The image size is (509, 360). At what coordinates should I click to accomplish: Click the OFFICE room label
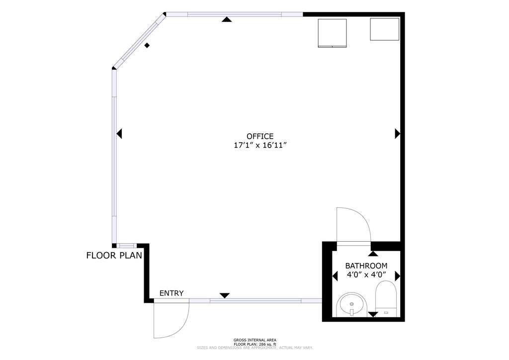260,136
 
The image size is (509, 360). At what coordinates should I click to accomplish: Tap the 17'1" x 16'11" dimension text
260,146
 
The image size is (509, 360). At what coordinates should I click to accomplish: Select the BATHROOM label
366,266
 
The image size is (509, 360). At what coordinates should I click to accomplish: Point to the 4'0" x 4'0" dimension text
366,275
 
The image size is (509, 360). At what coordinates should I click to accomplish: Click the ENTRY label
171,293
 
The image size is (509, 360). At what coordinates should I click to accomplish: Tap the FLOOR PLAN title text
114,256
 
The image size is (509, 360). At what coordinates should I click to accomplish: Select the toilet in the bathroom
386,298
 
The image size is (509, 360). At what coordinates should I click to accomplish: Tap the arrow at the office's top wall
227,19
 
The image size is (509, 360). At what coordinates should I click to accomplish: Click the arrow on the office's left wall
119,134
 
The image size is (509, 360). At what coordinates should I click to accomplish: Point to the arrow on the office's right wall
397,133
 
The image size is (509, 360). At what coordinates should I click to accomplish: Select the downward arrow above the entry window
225,295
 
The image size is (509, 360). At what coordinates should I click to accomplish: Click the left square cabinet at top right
332,33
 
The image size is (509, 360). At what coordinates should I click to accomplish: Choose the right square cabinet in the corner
384,29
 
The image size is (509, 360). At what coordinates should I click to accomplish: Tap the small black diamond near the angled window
147,46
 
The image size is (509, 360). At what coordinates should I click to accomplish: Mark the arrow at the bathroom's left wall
336,275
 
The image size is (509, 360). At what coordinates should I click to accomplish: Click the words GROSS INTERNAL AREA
254,340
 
